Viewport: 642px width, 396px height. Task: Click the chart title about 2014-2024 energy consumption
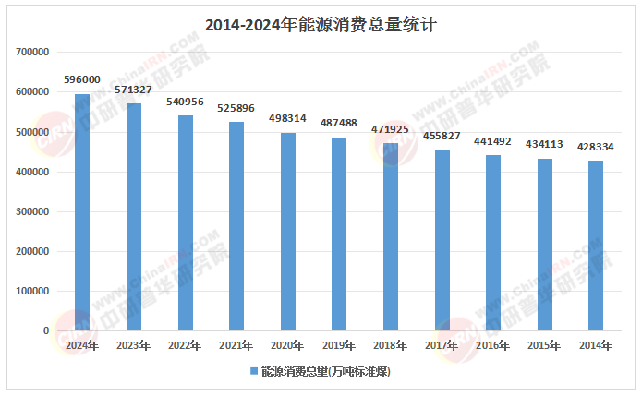(320, 26)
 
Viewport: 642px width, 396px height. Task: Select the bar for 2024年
(82, 212)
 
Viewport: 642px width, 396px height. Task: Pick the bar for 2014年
(597, 246)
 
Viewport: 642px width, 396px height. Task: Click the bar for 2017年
(442, 240)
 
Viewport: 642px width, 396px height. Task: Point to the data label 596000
(82, 80)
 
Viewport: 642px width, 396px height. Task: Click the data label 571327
(134, 90)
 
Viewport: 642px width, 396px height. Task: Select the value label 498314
(288, 119)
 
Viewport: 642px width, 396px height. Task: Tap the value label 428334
(597, 147)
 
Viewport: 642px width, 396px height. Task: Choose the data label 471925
(391, 129)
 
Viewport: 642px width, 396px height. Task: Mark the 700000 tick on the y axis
(33, 53)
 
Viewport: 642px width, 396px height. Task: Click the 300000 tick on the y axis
(33, 211)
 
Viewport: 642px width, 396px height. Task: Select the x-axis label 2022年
(185, 345)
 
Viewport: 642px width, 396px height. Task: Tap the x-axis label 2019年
(339, 345)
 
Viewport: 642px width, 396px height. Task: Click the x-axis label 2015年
(545, 345)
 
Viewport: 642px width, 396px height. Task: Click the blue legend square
(254, 371)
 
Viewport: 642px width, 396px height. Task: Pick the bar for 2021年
(236, 226)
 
